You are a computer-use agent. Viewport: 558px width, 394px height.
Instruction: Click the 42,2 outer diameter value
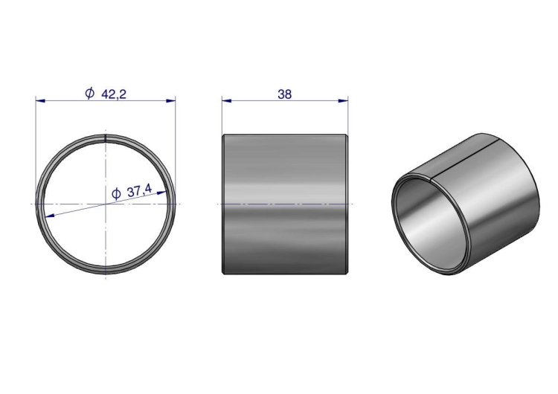[x=114, y=94]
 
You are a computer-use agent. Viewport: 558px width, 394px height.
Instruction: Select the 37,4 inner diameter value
[x=140, y=191]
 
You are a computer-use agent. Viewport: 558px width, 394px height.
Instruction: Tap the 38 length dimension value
[x=285, y=94]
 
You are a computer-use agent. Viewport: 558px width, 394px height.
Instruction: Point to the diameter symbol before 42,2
[x=90, y=93]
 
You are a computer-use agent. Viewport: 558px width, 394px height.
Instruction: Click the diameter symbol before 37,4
[x=116, y=194]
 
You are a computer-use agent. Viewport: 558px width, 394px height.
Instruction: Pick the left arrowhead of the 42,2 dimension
[x=40, y=101]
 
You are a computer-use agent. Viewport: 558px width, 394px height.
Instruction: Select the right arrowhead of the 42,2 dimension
[x=171, y=101]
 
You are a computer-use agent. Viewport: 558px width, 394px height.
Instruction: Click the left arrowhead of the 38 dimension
[x=227, y=101]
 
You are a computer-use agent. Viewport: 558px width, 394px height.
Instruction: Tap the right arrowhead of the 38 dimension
[x=344, y=101]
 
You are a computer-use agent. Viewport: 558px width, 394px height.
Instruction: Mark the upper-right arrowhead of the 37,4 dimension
[x=162, y=193]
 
